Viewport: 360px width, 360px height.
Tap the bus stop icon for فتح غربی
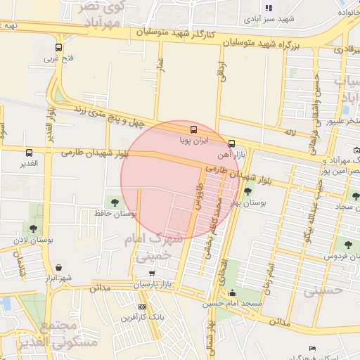58,48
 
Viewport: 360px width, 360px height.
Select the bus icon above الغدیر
29,153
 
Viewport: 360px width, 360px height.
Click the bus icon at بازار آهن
232,142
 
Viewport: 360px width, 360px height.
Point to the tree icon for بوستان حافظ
115,202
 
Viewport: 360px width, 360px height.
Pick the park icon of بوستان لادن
33,229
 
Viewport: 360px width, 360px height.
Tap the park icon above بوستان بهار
247,191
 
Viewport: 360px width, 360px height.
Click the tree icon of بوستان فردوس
347,245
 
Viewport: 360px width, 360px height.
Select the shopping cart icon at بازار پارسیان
152,273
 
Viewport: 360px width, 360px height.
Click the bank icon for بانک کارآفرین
142,307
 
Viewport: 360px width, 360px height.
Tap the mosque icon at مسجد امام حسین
233,293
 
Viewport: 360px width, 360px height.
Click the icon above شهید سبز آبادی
268,8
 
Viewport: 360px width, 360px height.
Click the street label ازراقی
224,72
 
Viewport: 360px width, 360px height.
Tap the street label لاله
289,132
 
